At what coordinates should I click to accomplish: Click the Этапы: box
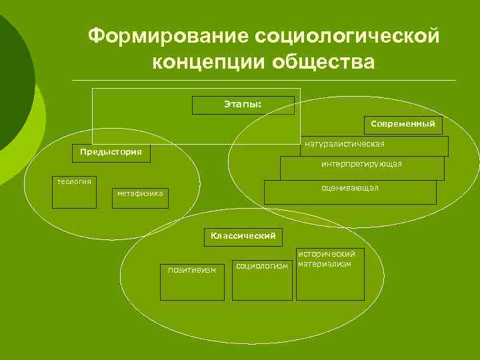pyautogui.click(x=243, y=105)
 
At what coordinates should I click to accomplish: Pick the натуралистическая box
pyautogui.click(x=373, y=146)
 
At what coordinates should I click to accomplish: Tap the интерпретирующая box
pyautogui.click(x=362, y=168)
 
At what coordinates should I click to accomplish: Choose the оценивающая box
pyautogui.click(x=350, y=192)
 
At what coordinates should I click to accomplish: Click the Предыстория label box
pyautogui.click(x=111, y=153)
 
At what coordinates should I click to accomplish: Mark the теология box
pyautogui.click(x=74, y=193)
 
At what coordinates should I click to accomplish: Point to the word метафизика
pyautogui.click(x=140, y=194)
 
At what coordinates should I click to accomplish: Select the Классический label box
pyautogui.click(x=243, y=236)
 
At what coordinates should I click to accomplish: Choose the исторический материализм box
pyautogui.click(x=331, y=275)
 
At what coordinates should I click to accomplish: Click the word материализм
pyautogui.click(x=325, y=263)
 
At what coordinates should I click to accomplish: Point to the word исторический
pyautogui.click(x=327, y=254)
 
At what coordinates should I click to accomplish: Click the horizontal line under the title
pyautogui.click(x=267, y=80)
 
